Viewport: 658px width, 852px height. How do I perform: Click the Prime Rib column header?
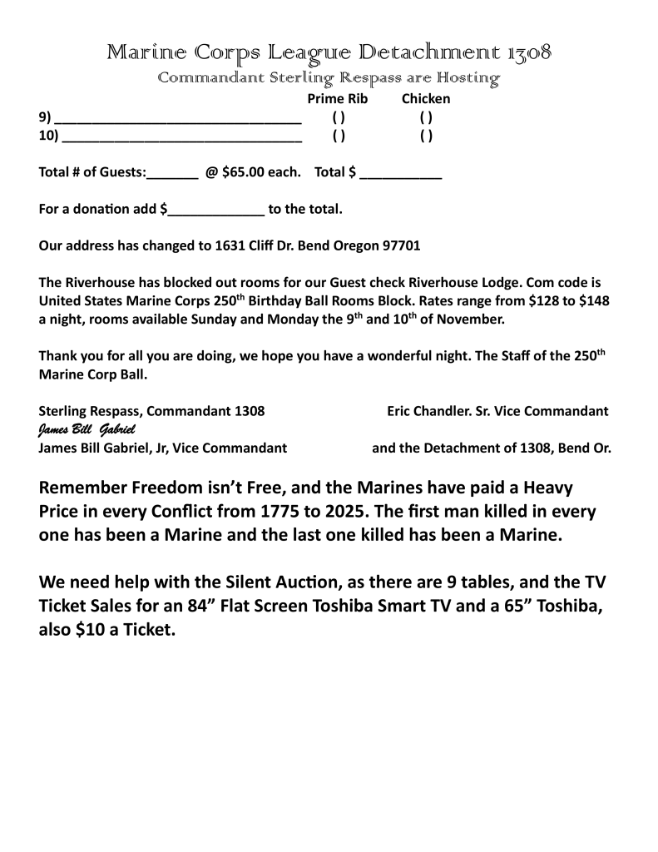pos(338,99)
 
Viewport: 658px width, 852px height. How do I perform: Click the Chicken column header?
pos(426,99)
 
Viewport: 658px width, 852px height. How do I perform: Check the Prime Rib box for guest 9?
pos(339,117)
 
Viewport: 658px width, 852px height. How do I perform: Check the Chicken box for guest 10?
pos(426,136)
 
